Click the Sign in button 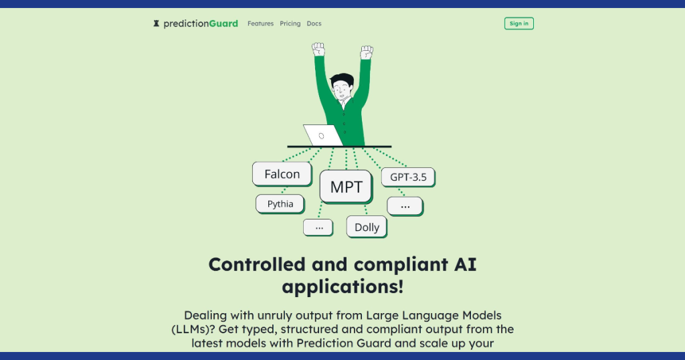click(519, 23)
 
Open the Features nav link click(260, 23)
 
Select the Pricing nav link click(290, 23)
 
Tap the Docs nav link click(314, 23)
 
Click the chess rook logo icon click(156, 23)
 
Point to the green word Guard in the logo click(223, 23)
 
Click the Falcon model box click(282, 174)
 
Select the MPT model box click(346, 187)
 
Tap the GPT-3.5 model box click(408, 177)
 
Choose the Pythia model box click(280, 204)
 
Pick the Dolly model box click(367, 228)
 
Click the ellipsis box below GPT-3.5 click(405, 206)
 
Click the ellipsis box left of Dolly click(318, 228)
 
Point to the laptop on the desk click(323, 135)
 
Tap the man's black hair click(342, 79)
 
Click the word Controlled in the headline click(257, 264)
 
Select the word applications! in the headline click(342, 287)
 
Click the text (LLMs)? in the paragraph click(193, 329)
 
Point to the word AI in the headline click(465, 264)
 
